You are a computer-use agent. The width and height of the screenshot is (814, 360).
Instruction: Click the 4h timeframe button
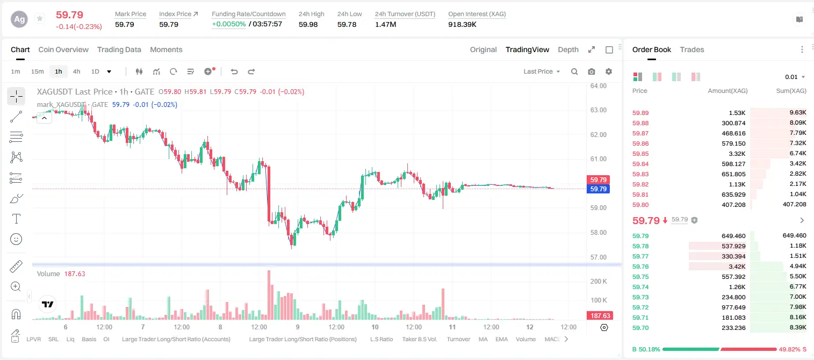click(76, 71)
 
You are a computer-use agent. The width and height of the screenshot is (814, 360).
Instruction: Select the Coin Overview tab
click(63, 49)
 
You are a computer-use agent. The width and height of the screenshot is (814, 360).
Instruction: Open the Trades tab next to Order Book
click(692, 49)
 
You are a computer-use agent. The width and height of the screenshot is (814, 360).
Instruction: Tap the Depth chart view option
click(568, 49)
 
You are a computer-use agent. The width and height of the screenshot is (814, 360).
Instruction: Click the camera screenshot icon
click(592, 71)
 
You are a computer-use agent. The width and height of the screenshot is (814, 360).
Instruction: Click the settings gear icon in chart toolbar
click(609, 71)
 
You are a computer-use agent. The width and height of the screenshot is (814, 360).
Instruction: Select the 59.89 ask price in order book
click(640, 113)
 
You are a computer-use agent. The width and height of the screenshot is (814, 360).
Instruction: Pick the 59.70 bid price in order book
click(640, 328)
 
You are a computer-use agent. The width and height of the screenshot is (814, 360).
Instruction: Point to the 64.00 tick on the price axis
click(599, 86)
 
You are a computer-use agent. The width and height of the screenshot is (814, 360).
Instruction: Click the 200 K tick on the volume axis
click(599, 281)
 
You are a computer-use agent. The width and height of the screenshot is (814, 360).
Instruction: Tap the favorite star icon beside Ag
click(40, 18)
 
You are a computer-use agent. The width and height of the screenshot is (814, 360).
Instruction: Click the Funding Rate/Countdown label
click(249, 14)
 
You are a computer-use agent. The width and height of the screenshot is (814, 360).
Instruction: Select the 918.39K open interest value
click(462, 24)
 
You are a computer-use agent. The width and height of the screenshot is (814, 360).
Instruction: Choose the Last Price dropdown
click(542, 71)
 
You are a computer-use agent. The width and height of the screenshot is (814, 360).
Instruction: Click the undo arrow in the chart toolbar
click(234, 71)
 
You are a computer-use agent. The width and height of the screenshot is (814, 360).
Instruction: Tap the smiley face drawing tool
click(16, 239)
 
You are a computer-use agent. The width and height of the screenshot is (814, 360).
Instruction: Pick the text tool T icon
click(16, 219)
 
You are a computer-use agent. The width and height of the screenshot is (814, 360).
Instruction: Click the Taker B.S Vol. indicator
click(419, 339)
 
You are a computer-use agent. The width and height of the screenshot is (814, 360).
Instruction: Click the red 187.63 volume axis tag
click(600, 316)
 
